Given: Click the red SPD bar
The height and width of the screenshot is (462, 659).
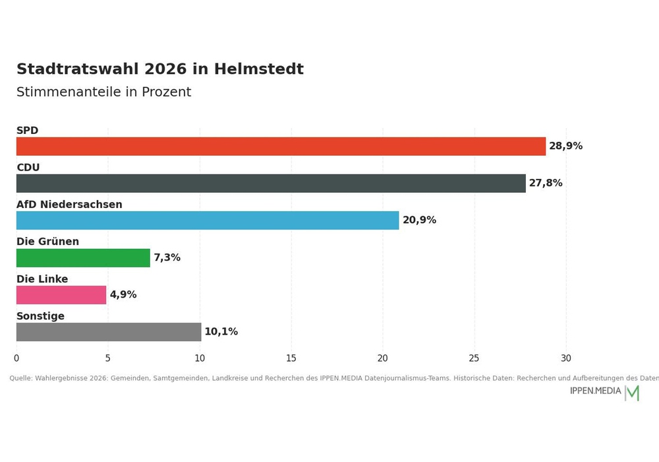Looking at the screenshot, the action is click(281, 146).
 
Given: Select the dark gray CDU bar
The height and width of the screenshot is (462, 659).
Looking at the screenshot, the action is click(271, 183).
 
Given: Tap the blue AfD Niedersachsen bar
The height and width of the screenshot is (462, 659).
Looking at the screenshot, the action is click(208, 220).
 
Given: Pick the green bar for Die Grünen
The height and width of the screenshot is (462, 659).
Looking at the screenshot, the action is click(83, 258).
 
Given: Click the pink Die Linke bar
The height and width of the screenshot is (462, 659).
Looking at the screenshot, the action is click(61, 295).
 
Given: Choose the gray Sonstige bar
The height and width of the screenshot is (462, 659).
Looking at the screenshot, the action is click(109, 332).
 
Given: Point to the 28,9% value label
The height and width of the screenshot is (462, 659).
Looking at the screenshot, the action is click(565, 146).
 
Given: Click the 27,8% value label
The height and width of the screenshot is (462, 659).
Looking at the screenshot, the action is click(546, 183).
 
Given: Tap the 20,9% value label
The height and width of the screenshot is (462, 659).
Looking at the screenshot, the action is click(419, 220).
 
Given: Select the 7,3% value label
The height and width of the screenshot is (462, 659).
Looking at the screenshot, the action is click(167, 257).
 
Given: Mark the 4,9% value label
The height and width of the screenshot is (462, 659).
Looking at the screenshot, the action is click(123, 294).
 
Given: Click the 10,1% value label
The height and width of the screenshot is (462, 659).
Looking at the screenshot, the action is click(221, 331).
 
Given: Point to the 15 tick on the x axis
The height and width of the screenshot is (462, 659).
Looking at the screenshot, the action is click(291, 358).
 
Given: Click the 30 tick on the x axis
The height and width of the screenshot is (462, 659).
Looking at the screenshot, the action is click(565, 358).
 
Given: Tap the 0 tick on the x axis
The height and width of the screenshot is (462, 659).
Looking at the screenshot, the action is click(16, 358).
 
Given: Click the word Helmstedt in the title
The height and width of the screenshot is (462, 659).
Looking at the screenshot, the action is click(258, 69).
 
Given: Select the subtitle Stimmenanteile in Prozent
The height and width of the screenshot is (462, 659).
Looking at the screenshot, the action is click(104, 92).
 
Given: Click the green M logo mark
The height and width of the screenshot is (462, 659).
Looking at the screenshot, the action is click(633, 393).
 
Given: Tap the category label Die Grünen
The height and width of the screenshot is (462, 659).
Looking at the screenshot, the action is click(47, 242).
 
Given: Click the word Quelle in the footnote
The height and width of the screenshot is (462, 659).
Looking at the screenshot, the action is click(20, 378).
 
